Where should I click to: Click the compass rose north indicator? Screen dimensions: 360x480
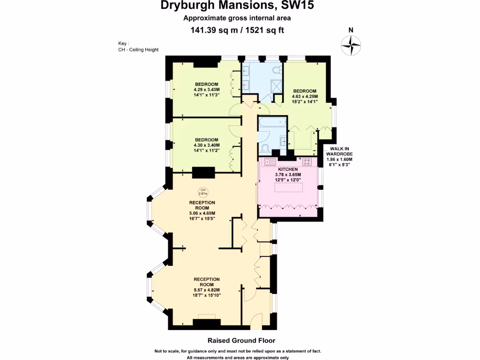(351, 45)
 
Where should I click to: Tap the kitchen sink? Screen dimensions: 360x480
(270, 162)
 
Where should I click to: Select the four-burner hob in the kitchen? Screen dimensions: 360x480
(307, 162)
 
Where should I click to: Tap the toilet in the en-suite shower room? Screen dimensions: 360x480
(277, 70)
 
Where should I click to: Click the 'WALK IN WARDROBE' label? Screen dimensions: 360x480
(339, 151)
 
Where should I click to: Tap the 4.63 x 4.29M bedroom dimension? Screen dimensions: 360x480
(305, 96)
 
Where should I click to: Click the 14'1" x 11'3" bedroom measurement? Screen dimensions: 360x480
(206, 94)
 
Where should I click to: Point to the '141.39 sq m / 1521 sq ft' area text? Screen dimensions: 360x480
(237, 30)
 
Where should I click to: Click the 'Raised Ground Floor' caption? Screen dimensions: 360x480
(241, 341)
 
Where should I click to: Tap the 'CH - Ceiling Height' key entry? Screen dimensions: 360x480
(138, 50)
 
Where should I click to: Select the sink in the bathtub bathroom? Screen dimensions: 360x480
(283, 141)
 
